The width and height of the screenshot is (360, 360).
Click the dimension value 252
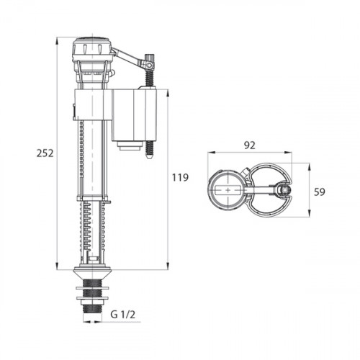[x=45, y=153]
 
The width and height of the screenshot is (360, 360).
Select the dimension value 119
[x=180, y=178]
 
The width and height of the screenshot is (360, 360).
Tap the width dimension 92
[x=250, y=145]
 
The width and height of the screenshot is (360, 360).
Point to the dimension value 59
[x=320, y=192]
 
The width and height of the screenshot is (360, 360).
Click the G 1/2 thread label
[x=123, y=315]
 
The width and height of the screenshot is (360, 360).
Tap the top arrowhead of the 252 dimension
[x=57, y=41]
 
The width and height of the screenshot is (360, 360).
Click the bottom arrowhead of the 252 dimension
[x=57, y=266]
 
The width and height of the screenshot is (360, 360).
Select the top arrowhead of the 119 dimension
[x=168, y=94]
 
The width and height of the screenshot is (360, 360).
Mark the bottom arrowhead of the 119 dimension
[x=168, y=266]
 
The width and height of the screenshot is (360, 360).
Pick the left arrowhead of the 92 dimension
[x=212, y=153]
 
